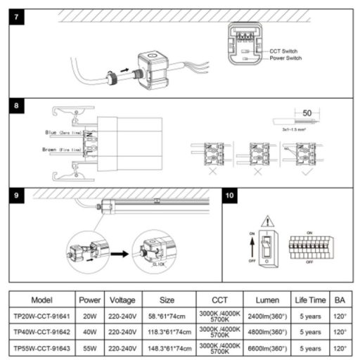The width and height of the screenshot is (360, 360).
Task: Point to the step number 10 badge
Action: click(231, 194)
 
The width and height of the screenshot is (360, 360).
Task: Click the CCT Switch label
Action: click(283, 51)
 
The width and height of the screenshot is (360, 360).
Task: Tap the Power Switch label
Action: click(287, 60)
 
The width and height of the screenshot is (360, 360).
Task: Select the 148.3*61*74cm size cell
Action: click(166, 348)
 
